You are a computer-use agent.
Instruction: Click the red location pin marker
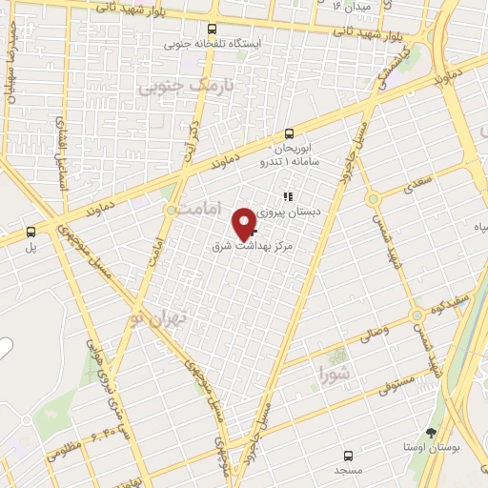coord(244,223)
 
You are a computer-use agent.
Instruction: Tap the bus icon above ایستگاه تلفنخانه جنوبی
coord(212,30)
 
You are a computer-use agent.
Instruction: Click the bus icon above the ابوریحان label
coord(288,134)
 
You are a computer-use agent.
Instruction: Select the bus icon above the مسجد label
coord(348,456)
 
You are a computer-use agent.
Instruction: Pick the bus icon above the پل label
coord(30,232)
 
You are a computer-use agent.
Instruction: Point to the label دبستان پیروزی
coord(298,213)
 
